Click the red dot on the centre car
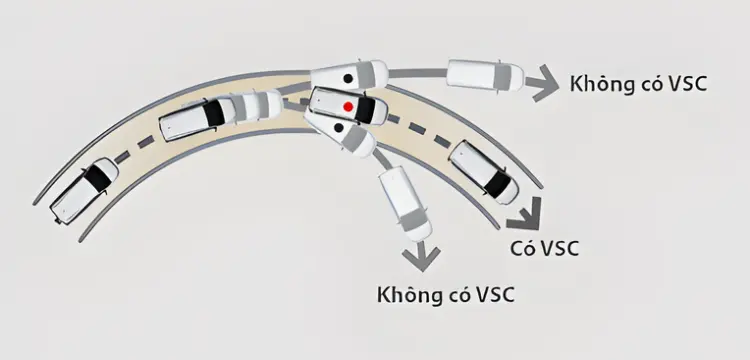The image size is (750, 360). [x=348, y=106]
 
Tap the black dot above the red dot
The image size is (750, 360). [x=348, y=78]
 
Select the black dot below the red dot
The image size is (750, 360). [x=339, y=127]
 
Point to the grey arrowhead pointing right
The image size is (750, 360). [x=543, y=84]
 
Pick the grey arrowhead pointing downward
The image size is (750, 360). [x=421, y=257]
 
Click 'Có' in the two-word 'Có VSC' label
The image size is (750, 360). [x=520, y=248]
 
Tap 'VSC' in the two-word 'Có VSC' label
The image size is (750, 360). [x=558, y=249]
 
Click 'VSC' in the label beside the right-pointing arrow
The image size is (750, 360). [x=685, y=84]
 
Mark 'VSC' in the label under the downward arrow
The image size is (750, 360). [x=493, y=295]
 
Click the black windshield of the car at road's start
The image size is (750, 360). [x=98, y=178]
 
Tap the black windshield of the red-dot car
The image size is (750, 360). [x=364, y=109]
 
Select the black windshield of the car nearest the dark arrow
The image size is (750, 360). [x=497, y=184]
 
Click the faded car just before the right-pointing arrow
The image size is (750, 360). [x=485, y=75]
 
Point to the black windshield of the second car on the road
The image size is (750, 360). [x=213, y=113]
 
